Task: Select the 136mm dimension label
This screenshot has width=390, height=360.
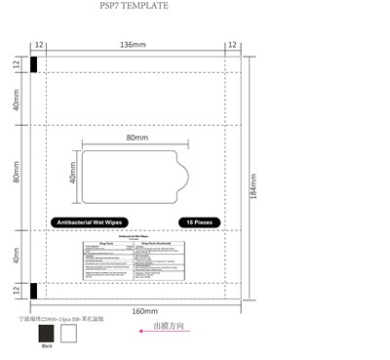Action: click(134, 45)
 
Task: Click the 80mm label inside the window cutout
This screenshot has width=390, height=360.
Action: click(136, 139)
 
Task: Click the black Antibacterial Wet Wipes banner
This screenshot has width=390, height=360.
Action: click(97, 222)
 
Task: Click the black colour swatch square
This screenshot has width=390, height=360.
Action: click(46, 334)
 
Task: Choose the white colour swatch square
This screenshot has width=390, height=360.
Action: click(68, 334)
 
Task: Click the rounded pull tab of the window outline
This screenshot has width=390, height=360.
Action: click(180, 178)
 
